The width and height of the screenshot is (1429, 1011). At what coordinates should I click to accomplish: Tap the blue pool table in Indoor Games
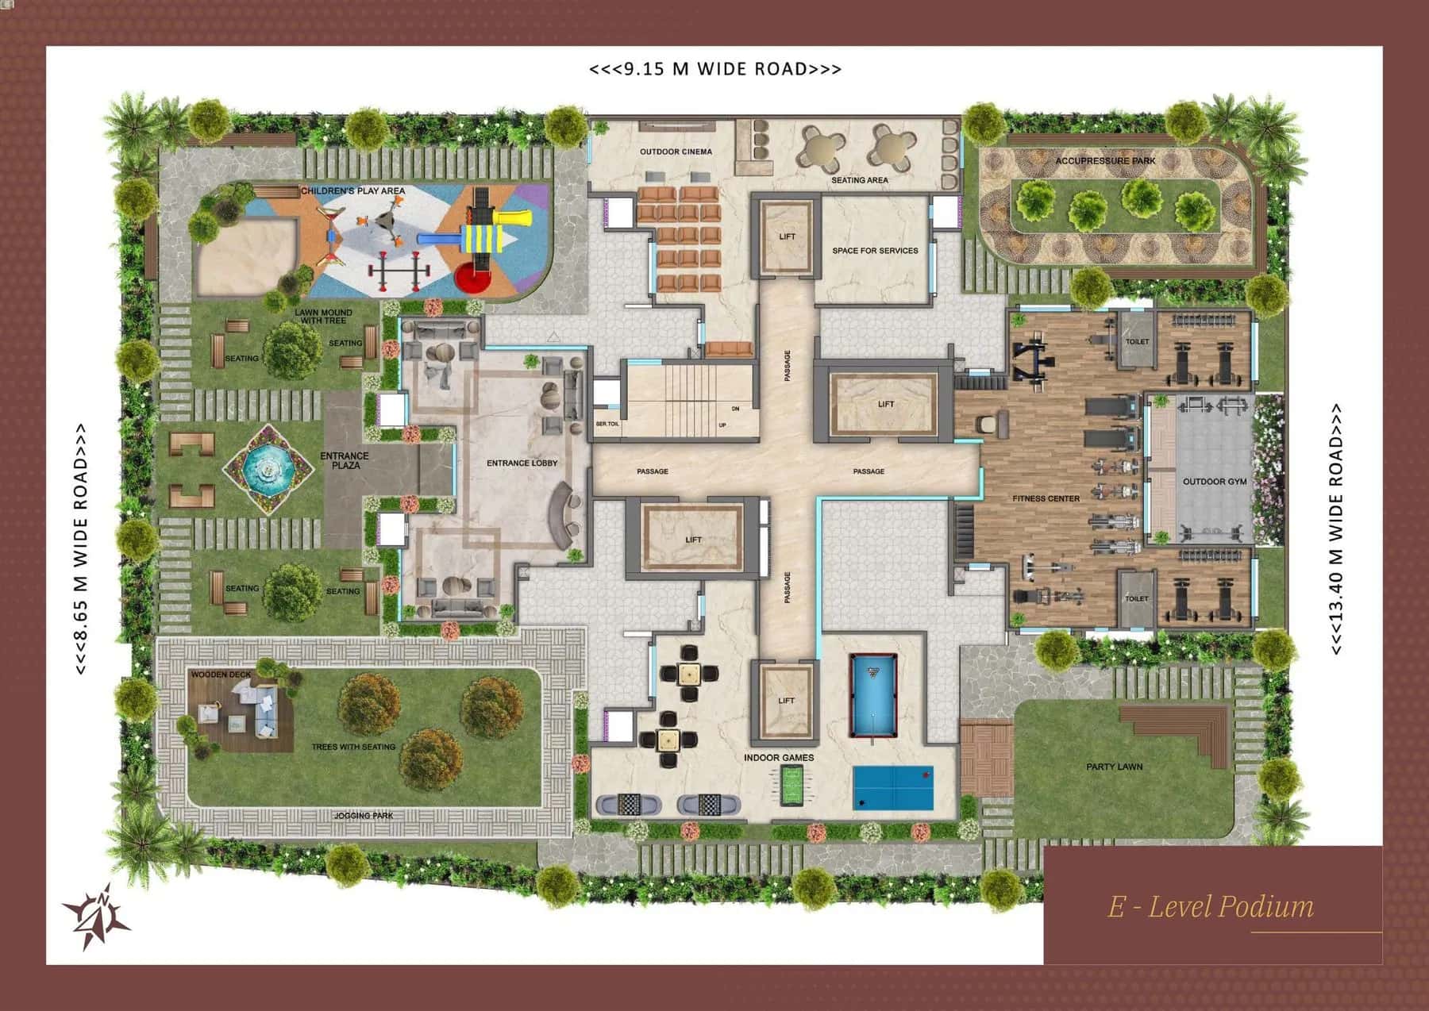click(872, 694)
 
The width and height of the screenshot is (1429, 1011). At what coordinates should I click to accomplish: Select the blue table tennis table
click(893, 787)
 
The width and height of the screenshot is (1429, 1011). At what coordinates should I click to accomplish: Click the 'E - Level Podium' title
click(1210, 905)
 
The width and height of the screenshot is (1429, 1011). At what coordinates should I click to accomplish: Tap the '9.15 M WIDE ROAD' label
click(714, 69)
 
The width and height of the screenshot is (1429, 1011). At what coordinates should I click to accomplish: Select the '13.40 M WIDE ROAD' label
click(1336, 529)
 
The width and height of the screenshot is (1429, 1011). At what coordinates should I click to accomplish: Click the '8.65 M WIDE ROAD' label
click(80, 549)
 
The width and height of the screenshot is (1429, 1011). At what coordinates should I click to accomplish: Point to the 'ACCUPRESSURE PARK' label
click(1105, 161)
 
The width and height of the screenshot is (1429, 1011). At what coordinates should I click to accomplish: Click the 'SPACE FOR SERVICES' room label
click(875, 251)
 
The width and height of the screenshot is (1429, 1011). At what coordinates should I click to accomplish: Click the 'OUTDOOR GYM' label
click(1215, 482)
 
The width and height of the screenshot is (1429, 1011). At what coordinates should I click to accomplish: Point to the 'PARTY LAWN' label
click(1114, 767)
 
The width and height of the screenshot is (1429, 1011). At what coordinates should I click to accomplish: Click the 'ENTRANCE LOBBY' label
click(522, 463)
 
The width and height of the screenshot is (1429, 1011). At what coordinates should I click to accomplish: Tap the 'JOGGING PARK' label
click(364, 816)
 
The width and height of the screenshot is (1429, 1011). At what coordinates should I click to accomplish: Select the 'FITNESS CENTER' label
click(1046, 498)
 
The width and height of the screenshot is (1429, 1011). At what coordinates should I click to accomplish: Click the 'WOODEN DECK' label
click(221, 675)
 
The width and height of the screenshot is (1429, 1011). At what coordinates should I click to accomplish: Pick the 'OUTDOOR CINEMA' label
click(676, 152)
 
